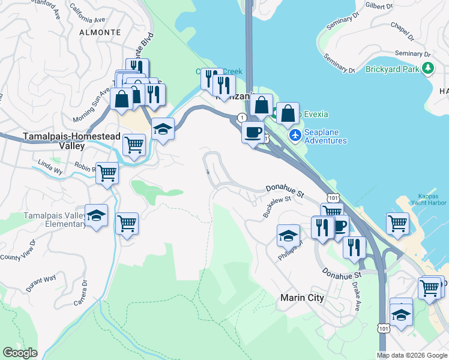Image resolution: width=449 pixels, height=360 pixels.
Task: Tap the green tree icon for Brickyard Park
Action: [x=427, y=68]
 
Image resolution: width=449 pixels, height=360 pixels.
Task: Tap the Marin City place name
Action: [x=302, y=298]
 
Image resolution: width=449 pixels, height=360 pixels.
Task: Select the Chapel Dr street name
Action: [x=402, y=32]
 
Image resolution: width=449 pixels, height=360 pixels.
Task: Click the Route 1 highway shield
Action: [x=241, y=117]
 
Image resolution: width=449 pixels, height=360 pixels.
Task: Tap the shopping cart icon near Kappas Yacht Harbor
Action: [x=398, y=224]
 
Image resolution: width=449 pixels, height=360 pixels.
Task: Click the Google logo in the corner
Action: [x=20, y=353]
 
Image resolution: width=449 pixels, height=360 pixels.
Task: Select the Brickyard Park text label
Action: [x=393, y=69]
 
